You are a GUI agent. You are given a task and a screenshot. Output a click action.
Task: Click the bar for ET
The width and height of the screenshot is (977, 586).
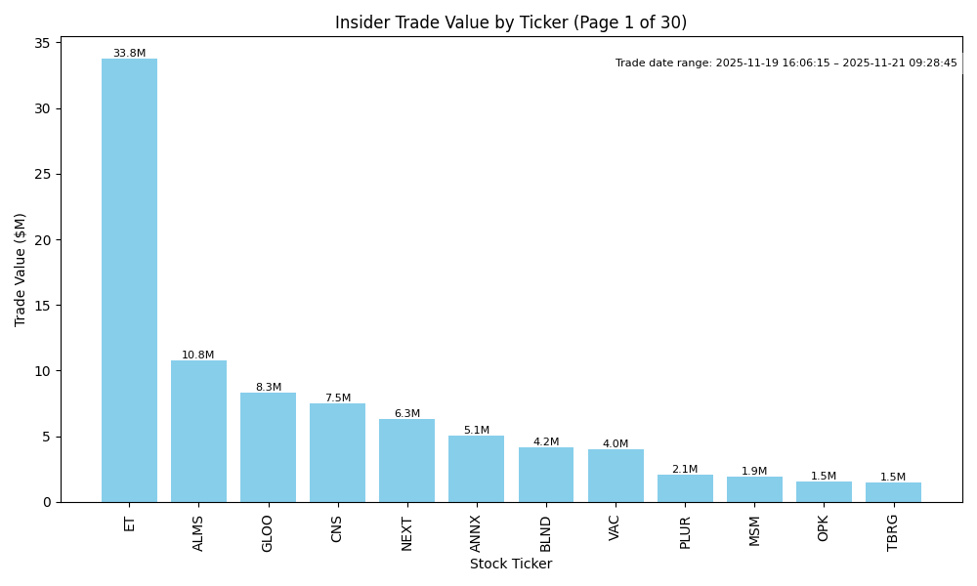pyautogui.click(x=129, y=280)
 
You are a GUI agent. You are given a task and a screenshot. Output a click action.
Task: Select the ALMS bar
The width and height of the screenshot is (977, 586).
pyautogui.click(x=198, y=431)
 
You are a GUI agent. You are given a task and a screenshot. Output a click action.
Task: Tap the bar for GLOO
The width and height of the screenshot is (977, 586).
pyautogui.click(x=268, y=447)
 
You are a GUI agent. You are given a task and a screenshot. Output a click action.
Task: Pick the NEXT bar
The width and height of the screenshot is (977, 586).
pyautogui.click(x=406, y=460)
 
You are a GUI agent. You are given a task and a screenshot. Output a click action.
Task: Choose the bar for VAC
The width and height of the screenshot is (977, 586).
pyautogui.click(x=616, y=476)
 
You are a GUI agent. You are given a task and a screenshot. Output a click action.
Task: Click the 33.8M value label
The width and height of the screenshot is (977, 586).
pyautogui.click(x=129, y=54)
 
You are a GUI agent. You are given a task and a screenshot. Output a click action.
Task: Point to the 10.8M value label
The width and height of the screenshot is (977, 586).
pyautogui.click(x=198, y=356)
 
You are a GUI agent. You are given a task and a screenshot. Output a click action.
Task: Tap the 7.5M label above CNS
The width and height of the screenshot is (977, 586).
pyautogui.click(x=337, y=398)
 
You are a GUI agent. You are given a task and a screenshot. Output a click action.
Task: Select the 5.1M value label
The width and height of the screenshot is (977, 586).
pyautogui.click(x=476, y=431)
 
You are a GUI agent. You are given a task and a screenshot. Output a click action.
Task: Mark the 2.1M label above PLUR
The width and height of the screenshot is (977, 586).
pyautogui.click(x=685, y=470)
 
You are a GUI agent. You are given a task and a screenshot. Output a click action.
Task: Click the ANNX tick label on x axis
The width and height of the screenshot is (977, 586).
pyautogui.click(x=476, y=532)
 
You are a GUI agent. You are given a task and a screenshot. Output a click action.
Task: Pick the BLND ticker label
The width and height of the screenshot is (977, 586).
pyautogui.click(x=546, y=533)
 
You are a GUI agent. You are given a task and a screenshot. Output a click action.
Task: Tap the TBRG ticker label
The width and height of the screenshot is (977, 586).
pyautogui.click(x=893, y=532)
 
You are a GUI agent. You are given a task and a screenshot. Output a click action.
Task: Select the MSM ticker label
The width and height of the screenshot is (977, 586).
pyautogui.click(x=754, y=530)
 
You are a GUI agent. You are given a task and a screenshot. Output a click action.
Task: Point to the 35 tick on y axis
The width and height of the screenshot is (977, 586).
pyautogui.click(x=42, y=43)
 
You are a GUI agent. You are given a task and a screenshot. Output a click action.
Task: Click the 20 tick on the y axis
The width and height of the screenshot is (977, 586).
pyautogui.click(x=42, y=240)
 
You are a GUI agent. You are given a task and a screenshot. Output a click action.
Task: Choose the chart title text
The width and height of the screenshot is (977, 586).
pyautogui.click(x=511, y=22)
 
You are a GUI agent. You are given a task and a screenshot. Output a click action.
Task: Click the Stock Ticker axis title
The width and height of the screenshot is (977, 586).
pyautogui.click(x=511, y=564)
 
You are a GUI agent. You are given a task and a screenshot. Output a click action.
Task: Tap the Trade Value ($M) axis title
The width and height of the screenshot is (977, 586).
pyautogui.click(x=21, y=270)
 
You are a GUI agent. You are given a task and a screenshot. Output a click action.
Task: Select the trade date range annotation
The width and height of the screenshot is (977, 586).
pyautogui.click(x=786, y=63)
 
